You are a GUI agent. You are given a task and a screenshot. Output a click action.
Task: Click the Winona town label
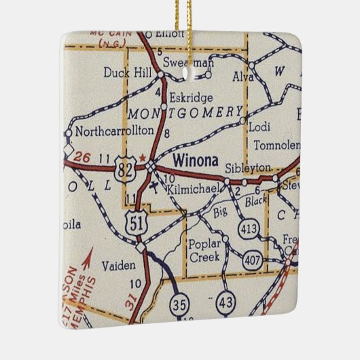point(194,161)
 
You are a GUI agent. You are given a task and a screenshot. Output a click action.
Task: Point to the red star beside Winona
point(142,158)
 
